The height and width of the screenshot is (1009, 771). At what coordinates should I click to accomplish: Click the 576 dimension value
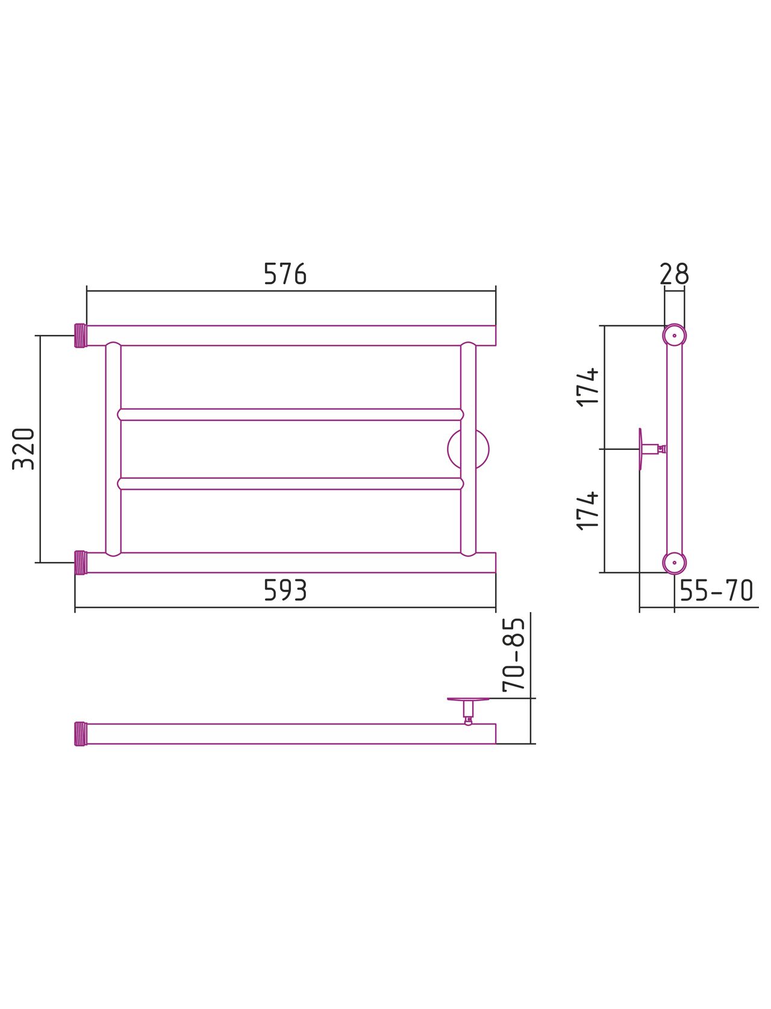(x=285, y=274)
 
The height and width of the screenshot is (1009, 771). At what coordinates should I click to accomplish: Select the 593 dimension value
(x=285, y=590)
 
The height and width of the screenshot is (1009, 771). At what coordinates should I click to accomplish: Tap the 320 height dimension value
(x=23, y=449)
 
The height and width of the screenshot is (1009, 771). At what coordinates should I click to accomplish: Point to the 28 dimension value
(x=674, y=274)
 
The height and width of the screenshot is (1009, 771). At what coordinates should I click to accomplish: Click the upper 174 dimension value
(x=587, y=387)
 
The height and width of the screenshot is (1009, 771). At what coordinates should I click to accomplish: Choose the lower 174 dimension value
(x=587, y=511)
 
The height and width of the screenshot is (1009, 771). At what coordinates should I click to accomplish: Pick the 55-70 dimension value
(x=716, y=590)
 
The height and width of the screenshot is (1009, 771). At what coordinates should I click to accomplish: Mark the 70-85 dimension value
(x=513, y=655)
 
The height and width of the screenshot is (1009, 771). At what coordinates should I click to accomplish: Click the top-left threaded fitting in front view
(x=80, y=336)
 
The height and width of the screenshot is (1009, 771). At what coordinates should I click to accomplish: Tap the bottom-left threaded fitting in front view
(x=80, y=563)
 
